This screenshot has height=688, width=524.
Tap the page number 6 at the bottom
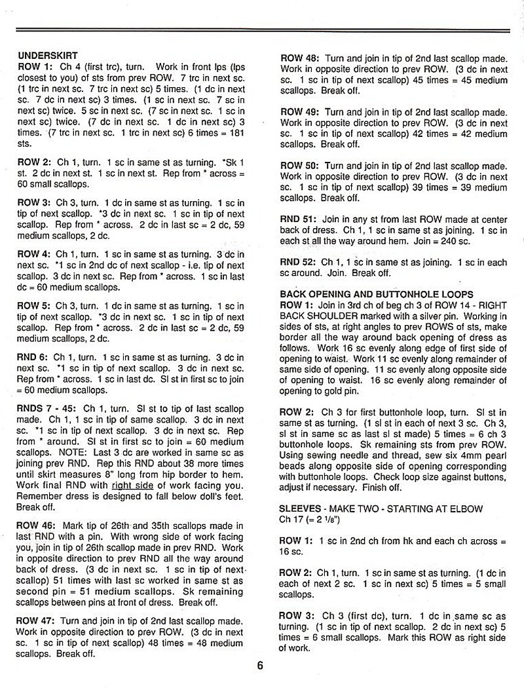[x=260, y=666]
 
